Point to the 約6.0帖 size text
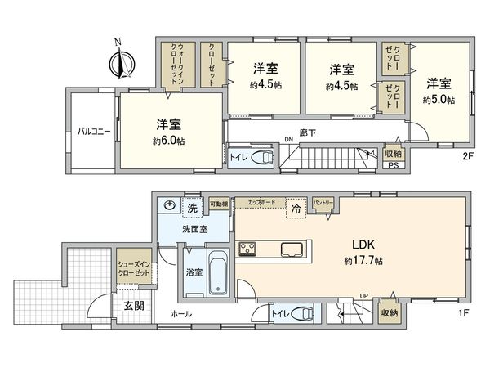[168, 141]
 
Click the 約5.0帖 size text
[439, 100]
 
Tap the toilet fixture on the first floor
[302, 312]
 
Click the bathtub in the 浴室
[220, 276]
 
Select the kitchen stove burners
[247, 249]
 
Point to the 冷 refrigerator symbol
[296, 209]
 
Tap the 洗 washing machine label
[194, 209]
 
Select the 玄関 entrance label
[134, 306]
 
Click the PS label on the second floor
[393, 169]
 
